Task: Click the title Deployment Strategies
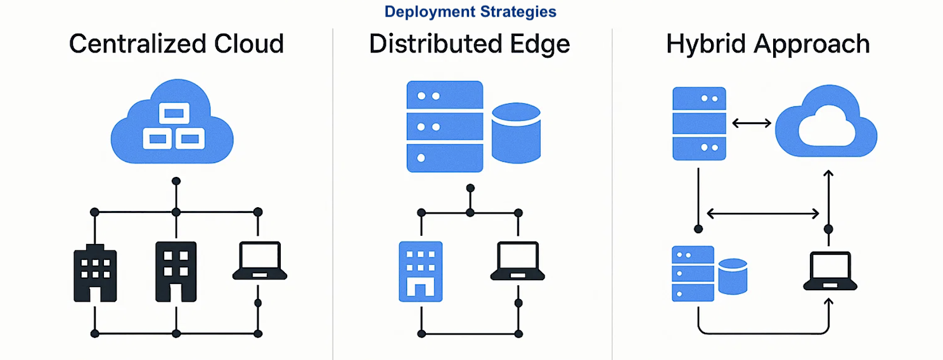point(470,11)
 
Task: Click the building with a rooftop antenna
point(95,273)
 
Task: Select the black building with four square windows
point(176,271)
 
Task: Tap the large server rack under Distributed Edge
point(444,127)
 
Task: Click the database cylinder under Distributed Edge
point(516,133)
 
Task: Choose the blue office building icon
point(420,271)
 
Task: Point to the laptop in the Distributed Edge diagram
point(518,261)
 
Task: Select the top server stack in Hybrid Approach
point(698,123)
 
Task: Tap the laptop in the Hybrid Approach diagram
point(830,271)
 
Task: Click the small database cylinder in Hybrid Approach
point(733,276)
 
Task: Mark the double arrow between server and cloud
point(751,123)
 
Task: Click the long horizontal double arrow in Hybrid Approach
point(762,214)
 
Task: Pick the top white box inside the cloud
point(173,114)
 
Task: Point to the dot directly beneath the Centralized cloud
point(176,181)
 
